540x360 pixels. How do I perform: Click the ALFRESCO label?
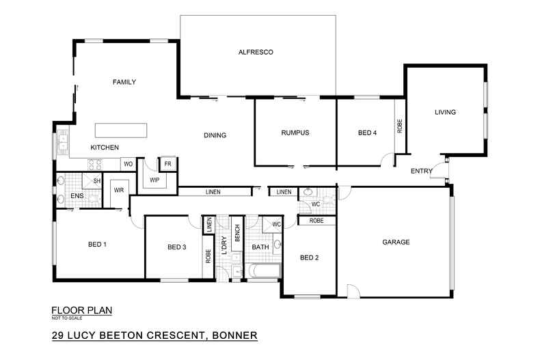[255, 52]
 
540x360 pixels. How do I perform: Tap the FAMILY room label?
[124, 82]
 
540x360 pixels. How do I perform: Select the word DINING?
[215, 135]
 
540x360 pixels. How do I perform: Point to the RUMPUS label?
[295, 133]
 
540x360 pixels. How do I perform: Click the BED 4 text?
[367, 133]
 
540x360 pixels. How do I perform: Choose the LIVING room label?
[445, 112]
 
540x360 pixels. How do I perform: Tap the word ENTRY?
[421, 171]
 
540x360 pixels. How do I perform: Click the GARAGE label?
[396, 242]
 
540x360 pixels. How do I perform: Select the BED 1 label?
[98, 245]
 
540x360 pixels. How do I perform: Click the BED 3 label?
[177, 247]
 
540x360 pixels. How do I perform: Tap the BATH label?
[260, 247]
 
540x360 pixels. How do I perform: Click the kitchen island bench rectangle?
[120, 130]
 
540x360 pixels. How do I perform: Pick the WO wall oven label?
[128, 164]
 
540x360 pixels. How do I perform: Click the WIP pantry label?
[154, 180]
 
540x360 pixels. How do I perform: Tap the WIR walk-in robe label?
[118, 190]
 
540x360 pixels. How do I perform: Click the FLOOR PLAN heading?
[81, 309]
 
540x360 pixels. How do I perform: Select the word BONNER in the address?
[234, 335]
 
